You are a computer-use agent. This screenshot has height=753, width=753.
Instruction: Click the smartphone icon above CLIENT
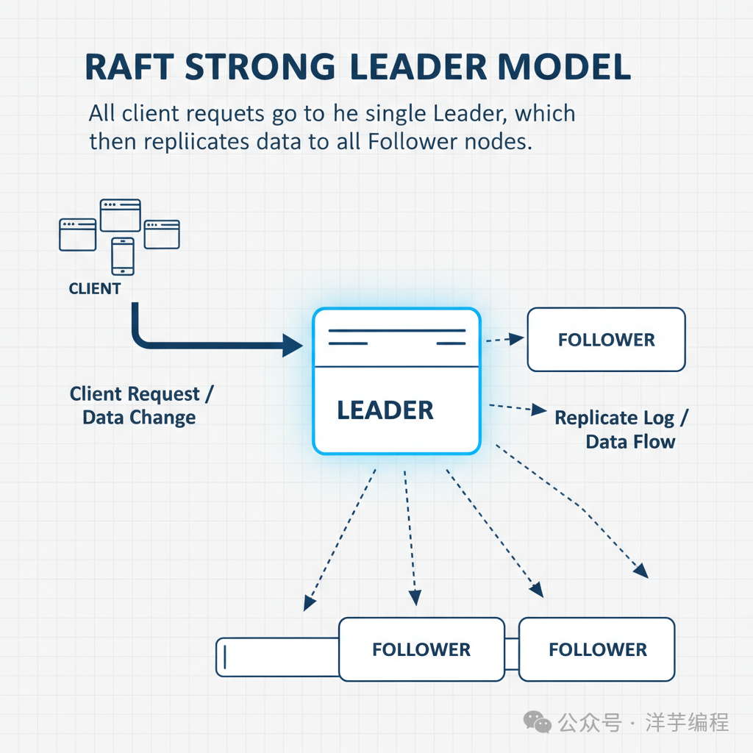(x=122, y=256)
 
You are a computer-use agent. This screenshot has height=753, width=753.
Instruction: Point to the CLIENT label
(x=95, y=289)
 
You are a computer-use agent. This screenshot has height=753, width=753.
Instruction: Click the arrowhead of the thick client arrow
(x=293, y=344)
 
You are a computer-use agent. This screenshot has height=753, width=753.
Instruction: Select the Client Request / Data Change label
(x=140, y=406)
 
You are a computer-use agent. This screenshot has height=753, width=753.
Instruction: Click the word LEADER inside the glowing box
(x=385, y=410)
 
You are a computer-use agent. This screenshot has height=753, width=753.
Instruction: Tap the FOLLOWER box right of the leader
(x=606, y=340)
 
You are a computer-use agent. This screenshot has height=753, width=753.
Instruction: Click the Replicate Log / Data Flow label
(x=622, y=429)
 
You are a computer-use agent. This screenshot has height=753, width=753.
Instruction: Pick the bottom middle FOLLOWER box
(x=421, y=649)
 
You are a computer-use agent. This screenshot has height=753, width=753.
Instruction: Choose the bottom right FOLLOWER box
(x=597, y=649)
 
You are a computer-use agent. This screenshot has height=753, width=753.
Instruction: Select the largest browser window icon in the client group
(x=121, y=215)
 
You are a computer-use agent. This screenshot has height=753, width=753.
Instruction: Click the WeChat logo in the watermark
(x=538, y=722)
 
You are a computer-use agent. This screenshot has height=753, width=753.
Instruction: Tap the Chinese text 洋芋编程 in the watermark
(x=687, y=722)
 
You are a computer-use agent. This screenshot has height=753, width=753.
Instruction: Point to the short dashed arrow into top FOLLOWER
(x=504, y=339)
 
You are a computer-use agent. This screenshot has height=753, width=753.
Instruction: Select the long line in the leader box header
(x=396, y=331)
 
